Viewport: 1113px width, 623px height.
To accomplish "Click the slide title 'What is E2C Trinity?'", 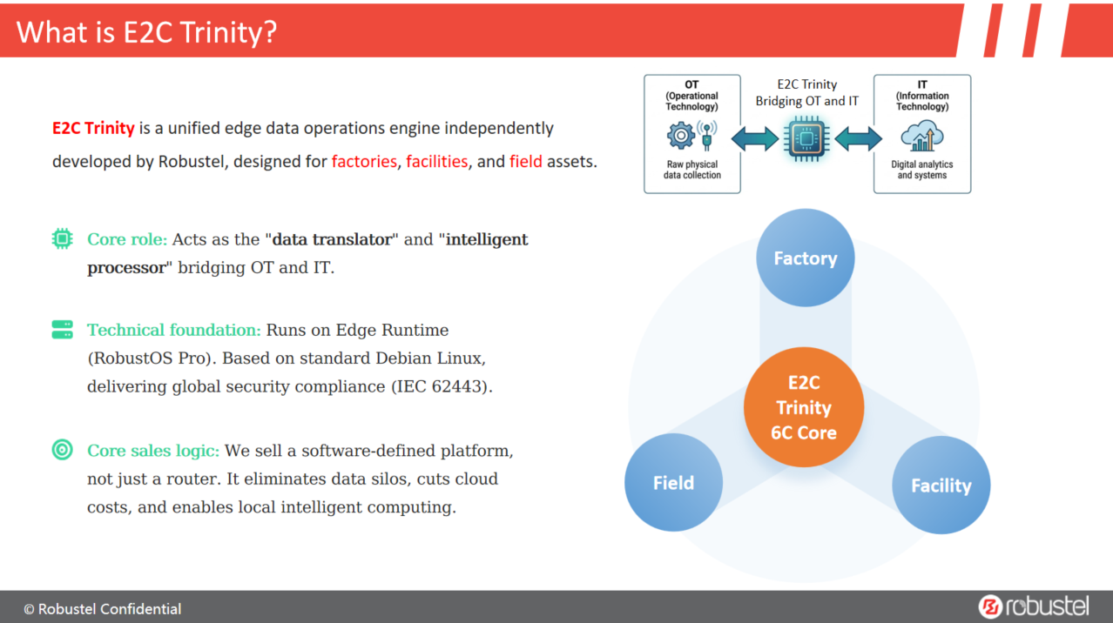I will pyautogui.click(x=146, y=32).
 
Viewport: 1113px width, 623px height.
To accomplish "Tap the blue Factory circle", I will pyautogui.click(x=805, y=258).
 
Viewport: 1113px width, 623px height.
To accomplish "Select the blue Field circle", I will pyautogui.click(x=673, y=483).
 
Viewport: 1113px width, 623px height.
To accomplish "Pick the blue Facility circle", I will pyautogui.click(x=941, y=486).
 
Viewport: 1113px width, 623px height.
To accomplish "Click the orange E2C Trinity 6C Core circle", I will pyautogui.click(x=803, y=407).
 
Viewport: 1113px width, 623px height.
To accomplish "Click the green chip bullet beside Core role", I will pyautogui.click(x=62, y=238).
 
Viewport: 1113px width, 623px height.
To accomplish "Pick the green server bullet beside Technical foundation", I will pyautogui.click(x=62, y=330).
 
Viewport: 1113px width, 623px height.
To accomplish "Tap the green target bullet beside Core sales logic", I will pyautogui.click(x=62, y=450).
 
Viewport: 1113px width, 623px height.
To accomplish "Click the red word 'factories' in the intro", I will pyautogui.click(x=364, y=162).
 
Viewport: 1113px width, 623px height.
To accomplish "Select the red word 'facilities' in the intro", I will pyautogui.click(x=436, y=162).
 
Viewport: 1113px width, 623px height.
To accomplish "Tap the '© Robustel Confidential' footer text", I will pyautogui.click(x=103, y=609).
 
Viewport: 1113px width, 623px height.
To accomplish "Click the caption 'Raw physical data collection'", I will pyautogui.click(x=691, y=170).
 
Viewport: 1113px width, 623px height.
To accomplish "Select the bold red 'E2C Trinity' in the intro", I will pyautogui.click(x=93, y=129).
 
